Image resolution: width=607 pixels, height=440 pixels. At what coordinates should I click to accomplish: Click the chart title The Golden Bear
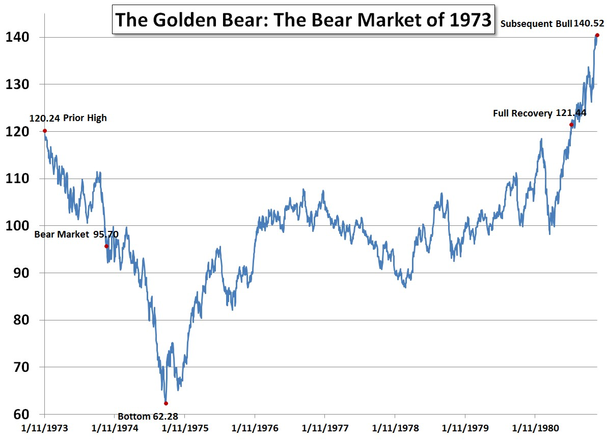coord(302,20)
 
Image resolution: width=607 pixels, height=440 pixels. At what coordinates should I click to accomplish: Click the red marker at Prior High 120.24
coord(45,131)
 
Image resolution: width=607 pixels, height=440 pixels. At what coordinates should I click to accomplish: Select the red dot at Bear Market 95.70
coord(106,246)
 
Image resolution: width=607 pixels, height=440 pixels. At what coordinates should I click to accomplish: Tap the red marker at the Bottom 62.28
coord(166,403)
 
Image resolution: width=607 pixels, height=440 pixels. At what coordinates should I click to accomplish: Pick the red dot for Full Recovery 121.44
coord(571,125)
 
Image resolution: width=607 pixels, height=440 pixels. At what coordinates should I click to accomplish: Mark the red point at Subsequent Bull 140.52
coord(597,35)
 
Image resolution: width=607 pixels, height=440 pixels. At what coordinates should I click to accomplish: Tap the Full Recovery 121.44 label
coord(539,113)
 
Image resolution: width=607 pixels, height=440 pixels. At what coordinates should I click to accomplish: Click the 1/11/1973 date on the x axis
coord(45,428)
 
